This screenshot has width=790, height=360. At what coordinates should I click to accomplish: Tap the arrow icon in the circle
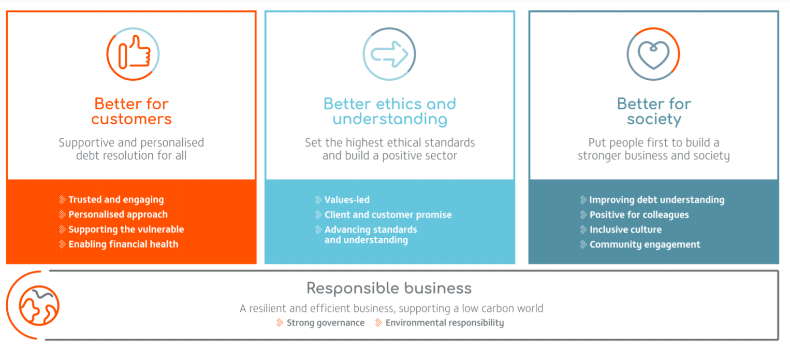(x=389, y=54)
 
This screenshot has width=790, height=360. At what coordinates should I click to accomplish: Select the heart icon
(x=653, y=55)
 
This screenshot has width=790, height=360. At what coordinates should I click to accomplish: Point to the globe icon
(x=39, y=305)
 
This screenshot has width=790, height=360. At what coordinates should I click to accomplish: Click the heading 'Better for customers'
(x=131, y=111)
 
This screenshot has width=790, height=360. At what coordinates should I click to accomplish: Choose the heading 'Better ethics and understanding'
(x=390, y=111)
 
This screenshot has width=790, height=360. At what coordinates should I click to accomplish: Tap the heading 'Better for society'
(x=654, y=111)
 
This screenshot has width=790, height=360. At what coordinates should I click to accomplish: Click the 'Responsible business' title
(x=389, y=288)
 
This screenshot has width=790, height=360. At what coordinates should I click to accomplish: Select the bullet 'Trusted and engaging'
(x=116, y=200)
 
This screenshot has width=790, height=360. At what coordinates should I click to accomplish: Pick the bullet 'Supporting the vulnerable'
(x=126, y=229)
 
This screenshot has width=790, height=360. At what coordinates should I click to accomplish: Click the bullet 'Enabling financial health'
(x=123, y=244)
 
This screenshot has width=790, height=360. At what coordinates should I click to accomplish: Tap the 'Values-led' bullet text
(x=347, y=200)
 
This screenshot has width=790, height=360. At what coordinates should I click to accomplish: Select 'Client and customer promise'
(x=388, y=214)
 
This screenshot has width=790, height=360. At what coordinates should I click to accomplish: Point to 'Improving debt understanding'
(x=657, y=200)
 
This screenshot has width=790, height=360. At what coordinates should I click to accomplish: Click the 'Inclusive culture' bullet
(x=626, y=229)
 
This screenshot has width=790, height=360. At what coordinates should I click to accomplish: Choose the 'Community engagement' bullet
(x=645, y=244)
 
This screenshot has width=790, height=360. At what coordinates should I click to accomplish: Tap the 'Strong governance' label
(x=326, y=323)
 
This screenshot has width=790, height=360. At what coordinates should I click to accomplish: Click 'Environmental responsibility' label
(x=445, y=323)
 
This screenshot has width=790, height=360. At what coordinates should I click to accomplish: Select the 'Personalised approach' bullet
(x=118, y=214)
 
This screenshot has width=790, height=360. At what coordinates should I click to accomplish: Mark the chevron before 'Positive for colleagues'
(x=583, y=214)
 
